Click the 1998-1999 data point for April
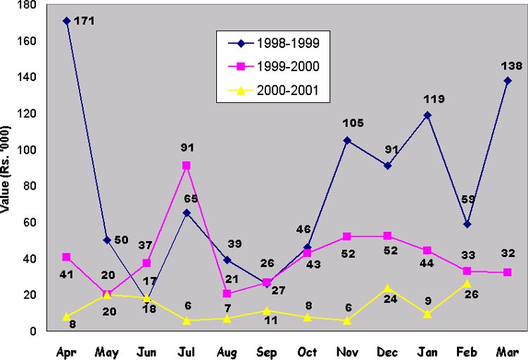pos(66,20)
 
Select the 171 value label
pos(84,21)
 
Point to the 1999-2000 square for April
pos(66,256)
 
